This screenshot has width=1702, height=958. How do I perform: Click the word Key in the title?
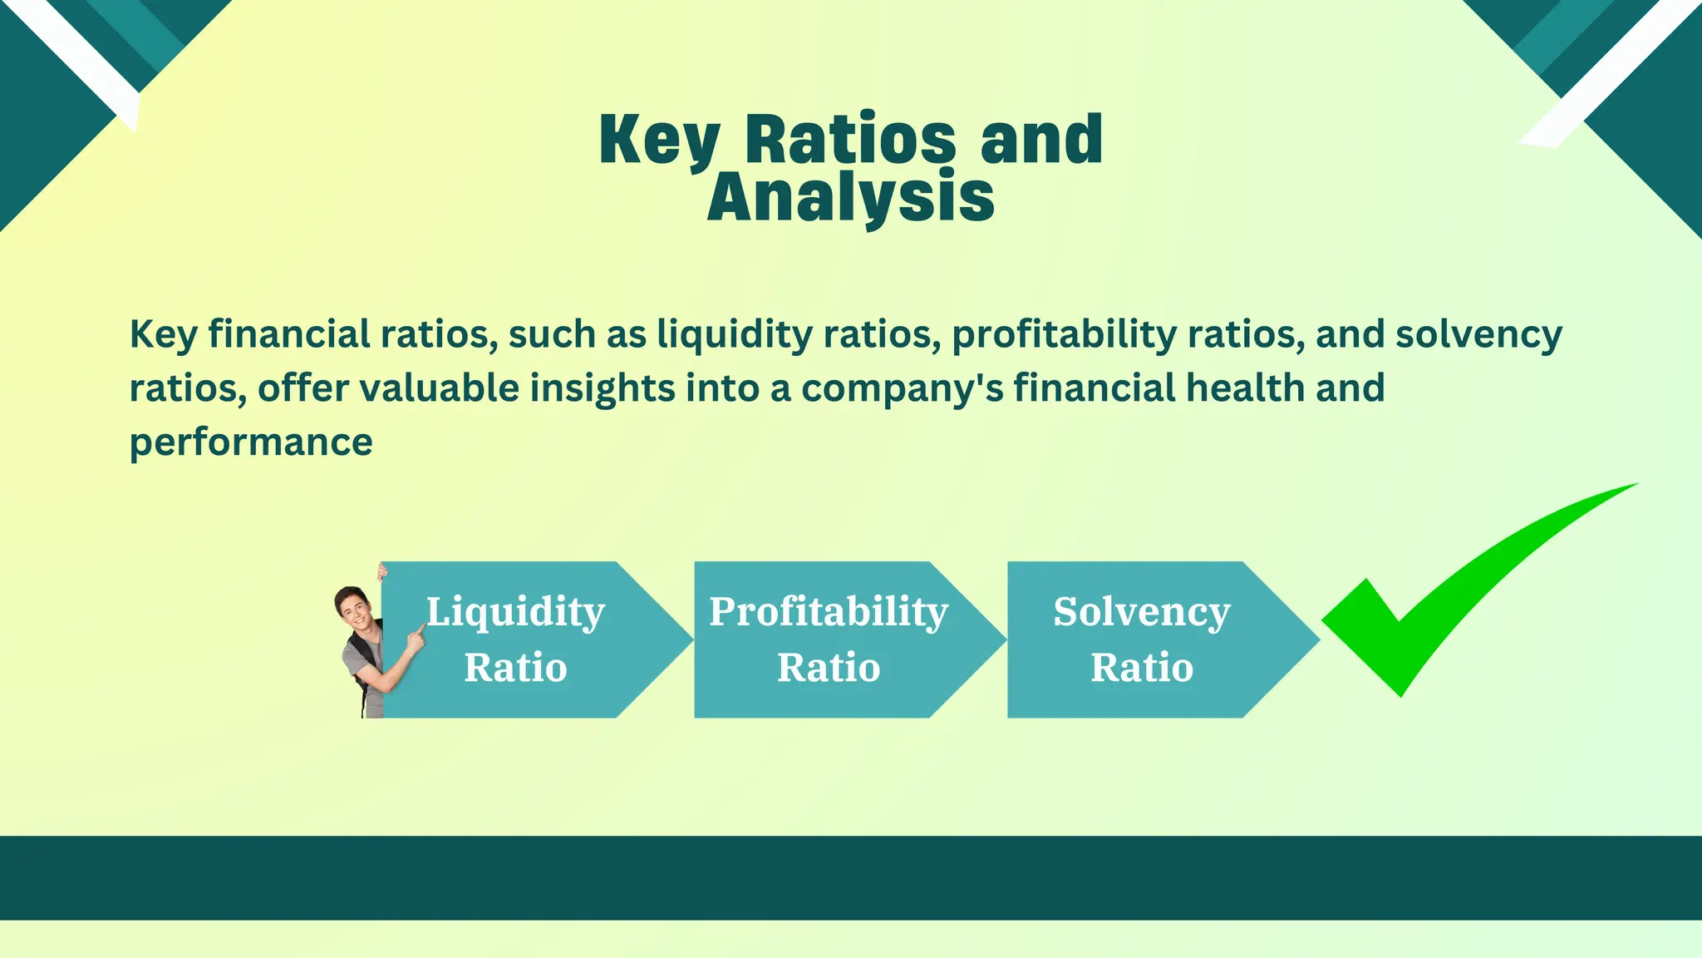click(x=659, y=140)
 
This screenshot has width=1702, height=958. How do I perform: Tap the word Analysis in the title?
click(x=850, y=197)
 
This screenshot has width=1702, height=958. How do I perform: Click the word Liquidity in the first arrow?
click(x=515, y=613)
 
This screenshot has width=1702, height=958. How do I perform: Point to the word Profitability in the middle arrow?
click(x=829, y=613)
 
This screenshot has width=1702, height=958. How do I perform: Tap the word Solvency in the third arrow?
click(x=1142, y=613)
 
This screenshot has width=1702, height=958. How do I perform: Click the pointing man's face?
click(x=352, y=606)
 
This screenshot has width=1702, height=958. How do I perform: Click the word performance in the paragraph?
click(x=251, y=442)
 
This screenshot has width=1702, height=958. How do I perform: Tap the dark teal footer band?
click(x=851, y=877)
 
